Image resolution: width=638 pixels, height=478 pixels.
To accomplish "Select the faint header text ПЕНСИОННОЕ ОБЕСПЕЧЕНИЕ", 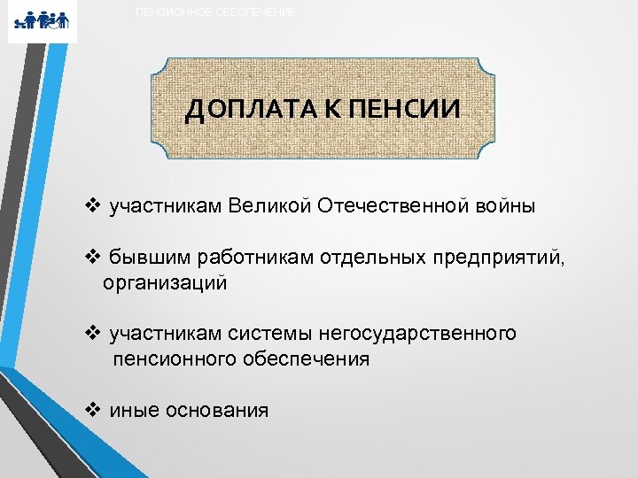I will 216,12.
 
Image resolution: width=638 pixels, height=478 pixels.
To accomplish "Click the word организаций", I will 165,283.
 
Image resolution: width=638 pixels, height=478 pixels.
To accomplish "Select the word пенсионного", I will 172,359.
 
